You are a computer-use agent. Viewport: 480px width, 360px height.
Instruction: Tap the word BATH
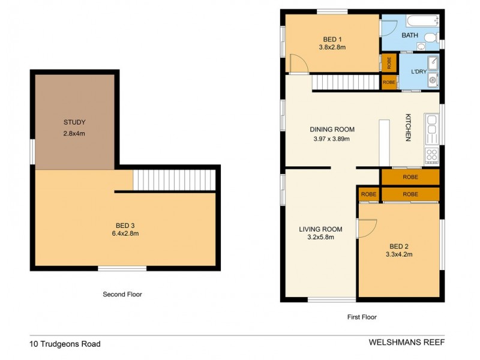point(410,35)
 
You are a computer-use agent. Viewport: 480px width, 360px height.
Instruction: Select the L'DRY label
point(419,72)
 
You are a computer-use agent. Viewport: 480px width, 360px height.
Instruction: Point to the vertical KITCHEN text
point(407,127)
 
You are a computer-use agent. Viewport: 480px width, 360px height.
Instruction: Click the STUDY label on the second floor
point(74,122)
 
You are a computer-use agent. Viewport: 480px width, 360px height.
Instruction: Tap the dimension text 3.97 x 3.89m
point(331,139)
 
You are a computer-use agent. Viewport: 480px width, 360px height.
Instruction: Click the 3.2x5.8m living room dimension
point(320,237)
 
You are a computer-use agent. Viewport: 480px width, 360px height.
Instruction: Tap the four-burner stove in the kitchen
point(431,155)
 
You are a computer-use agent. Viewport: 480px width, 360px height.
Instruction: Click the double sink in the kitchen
point(431,126)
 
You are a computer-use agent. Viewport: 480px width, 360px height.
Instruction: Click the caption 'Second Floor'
point(122,295)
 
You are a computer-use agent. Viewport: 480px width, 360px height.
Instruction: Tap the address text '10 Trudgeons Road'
point(65,344)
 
